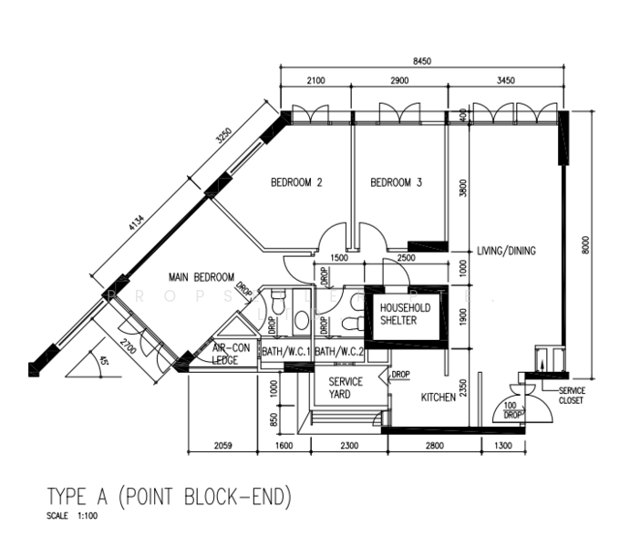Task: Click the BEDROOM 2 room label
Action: [296, 182]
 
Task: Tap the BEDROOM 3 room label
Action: [396, 182]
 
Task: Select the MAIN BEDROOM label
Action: [201, 277]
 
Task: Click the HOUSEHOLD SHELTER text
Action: [398, 315]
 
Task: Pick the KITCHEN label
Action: [438, 397]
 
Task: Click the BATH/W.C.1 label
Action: [286, 352]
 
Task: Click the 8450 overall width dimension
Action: [420, 61]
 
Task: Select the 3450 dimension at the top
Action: [505, 80]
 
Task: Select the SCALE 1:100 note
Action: [70, 516]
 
